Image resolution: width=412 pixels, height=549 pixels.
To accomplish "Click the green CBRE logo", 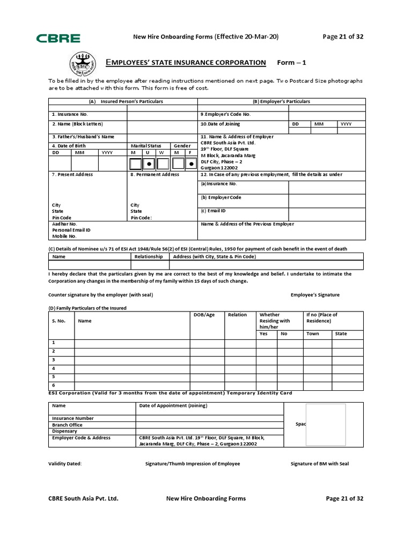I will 58,38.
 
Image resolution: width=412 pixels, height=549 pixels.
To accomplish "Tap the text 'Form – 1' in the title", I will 291,63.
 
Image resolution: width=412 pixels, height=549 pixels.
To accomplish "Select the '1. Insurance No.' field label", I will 70,114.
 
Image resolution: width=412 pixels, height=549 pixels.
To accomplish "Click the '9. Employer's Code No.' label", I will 225,114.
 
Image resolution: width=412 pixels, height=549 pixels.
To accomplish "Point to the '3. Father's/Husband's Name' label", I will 83,137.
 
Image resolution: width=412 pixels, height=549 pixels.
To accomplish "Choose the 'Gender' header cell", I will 182,146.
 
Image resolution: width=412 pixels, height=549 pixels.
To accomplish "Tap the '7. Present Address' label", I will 72,174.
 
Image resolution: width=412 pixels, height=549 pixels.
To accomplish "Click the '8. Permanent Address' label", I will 155,174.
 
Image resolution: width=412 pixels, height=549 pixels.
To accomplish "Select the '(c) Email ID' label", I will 214,211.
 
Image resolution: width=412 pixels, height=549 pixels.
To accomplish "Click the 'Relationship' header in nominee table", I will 149,256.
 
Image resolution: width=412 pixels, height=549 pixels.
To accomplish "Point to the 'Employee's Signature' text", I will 315,295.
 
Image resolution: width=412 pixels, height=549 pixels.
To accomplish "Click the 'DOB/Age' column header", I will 204,315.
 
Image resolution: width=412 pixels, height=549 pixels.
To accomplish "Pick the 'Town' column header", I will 312,333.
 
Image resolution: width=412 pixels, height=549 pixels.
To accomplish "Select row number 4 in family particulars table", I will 54,368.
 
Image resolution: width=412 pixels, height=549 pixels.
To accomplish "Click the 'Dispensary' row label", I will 64,431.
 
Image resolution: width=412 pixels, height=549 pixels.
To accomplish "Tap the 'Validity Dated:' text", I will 65,464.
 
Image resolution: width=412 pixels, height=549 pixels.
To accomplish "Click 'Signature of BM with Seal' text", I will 319,464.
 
